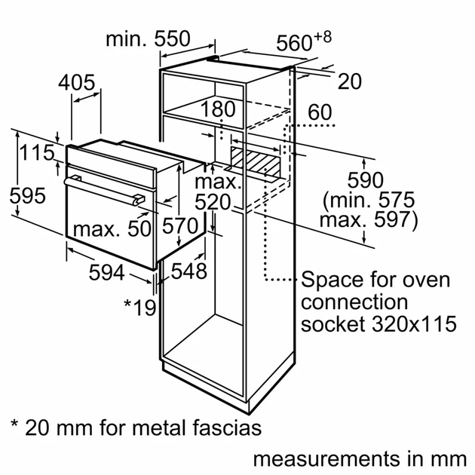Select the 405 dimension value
(x=78, y=83)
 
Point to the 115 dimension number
(x=32, y=153)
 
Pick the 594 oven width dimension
(x=106, y=272)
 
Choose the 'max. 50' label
(x=112, y=229)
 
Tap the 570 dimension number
(x=182, y=226)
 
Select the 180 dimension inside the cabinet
(x=218, y=109)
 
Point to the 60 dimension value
(x=320, y=112)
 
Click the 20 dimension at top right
(x=350, y=81)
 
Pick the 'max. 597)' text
(x=368, y=220)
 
